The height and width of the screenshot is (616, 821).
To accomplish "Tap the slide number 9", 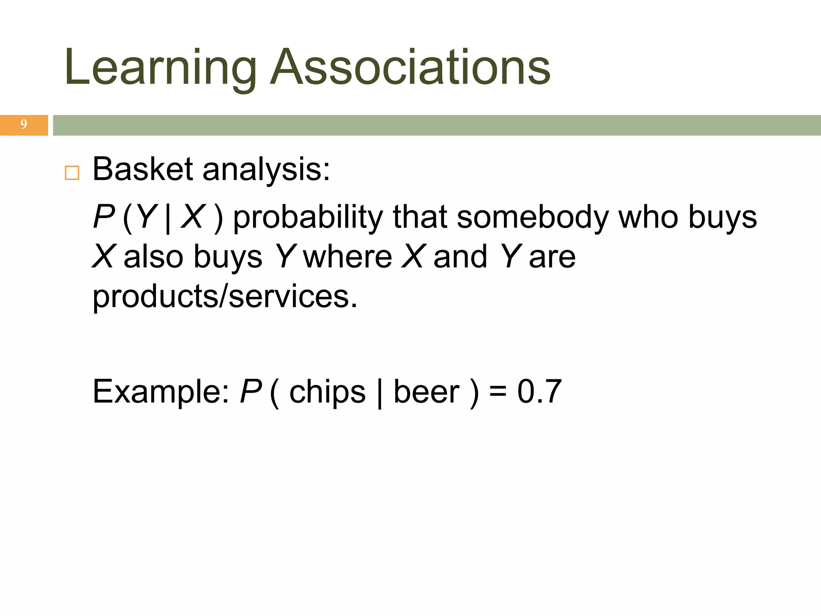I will point(24,125).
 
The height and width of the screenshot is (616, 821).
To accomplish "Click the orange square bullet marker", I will point(72,173).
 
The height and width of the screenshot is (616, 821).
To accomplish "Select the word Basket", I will point(143,169).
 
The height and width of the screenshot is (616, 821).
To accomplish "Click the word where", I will point(348,257).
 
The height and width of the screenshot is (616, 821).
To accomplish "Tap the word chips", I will point(327,392).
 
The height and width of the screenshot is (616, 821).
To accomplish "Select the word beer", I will point(427,392).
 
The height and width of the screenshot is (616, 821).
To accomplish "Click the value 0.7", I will point(539,391).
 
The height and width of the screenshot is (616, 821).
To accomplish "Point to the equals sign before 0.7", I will point(498,392).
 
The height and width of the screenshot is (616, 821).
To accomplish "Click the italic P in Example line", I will point(251,391).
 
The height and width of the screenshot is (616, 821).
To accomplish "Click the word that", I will point(420,217).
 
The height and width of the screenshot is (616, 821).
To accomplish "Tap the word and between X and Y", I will point(460,257).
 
